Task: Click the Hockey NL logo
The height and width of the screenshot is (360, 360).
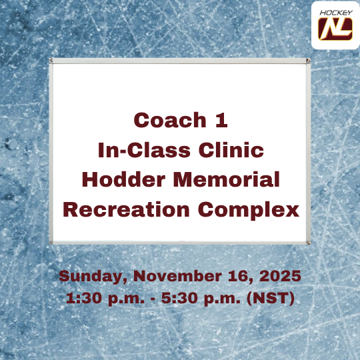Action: (x=335, y=25)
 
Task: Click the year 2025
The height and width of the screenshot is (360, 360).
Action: (x=279, y=276)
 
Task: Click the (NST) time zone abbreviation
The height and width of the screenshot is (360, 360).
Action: (x=271, y=297)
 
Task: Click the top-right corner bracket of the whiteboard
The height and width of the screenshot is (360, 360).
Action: (x=307, y=61)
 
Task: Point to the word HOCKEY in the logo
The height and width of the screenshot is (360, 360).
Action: (x=335, y=12)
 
